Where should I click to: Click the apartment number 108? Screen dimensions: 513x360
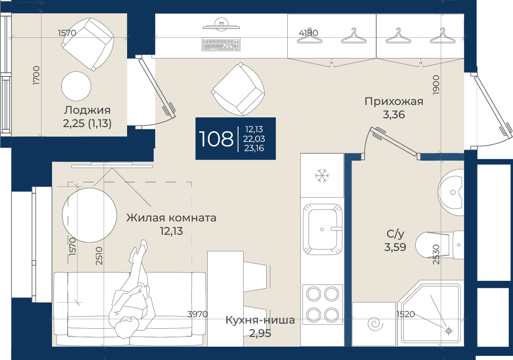coord(216,139)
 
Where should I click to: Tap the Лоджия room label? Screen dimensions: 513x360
coord(87,110)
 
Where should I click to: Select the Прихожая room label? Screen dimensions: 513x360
coord(394,101)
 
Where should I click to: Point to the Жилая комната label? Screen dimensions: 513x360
coord(171,218)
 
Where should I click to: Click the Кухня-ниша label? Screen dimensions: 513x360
coord(260,320)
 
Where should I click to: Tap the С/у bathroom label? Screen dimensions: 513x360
coord(395,234)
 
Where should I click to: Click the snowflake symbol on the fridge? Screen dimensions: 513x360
coord(322,175)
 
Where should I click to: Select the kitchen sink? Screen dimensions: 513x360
coord(322,230)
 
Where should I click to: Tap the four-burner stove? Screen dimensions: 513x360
coord(322,304)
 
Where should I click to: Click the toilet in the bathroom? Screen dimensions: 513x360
coord(439,245)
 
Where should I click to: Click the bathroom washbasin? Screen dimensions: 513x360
coord(451,192)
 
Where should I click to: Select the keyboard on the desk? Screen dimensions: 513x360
coord(222,45)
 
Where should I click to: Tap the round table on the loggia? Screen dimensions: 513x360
coord(76,87)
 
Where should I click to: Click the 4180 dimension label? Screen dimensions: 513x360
coord(308,33)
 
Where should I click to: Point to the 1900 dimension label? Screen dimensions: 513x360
coord(436,85)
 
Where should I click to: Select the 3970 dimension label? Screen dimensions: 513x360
coord(197,314)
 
